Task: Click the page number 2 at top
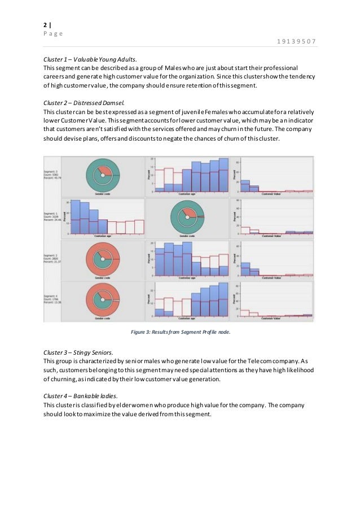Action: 45,25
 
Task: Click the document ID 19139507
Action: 296,41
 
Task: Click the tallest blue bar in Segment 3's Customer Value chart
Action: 245,186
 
